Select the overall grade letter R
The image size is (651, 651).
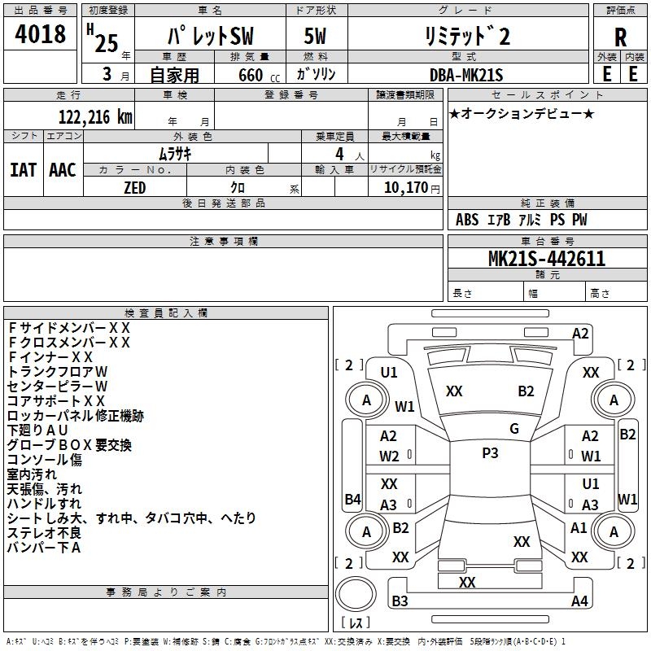[x=620, y=37]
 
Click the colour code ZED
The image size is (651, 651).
[x=134, y=186]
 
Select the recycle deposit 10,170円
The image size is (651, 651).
[x=412, y=187]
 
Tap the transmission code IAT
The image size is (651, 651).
[x=24, y=169]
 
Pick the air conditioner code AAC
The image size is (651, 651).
[x=63, y=169]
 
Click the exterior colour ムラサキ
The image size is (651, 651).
[x=174, y=153]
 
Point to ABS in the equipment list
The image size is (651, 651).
[x=467, y=220]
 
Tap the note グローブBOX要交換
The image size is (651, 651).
[x=69, y=445]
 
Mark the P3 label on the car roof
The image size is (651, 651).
[x=490, y=453]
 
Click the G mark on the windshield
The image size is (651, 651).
[x=514, y=428]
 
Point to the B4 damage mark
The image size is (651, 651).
[x=352, y=499]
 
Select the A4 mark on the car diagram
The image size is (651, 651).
[x=579, y=601]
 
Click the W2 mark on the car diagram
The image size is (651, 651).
[x=389, y=457]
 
